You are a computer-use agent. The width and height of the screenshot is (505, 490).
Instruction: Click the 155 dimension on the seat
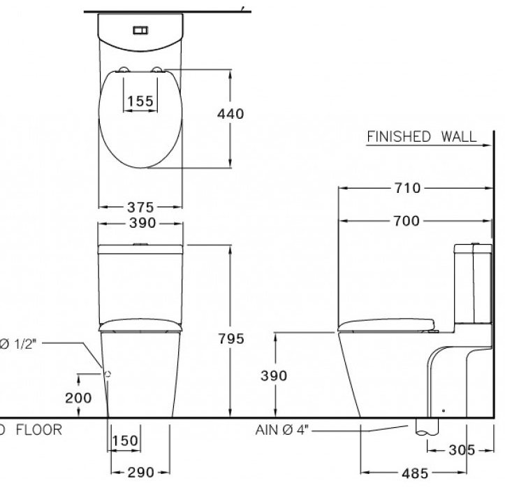tap(141, 101)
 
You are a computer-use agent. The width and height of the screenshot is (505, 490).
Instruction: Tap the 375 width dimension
tap(140, 207)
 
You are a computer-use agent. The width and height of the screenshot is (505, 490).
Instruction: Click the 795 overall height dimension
tap(230, 338)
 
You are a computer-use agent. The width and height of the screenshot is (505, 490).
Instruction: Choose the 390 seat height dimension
tap(275, 375)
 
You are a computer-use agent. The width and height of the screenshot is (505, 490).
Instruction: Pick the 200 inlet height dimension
tap(78, 398)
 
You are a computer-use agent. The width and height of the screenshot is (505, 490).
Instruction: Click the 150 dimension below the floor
tap(125, 442)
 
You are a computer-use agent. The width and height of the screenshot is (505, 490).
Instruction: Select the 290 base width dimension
tap(140, 473)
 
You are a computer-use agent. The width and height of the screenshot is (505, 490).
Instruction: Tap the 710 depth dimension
tap(407, 188)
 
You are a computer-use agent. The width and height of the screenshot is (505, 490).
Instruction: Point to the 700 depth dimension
tap(407, 221)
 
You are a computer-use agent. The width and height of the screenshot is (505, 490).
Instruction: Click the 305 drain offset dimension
tap(461, 450)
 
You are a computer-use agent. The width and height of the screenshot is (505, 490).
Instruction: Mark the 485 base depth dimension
tap(415, 473)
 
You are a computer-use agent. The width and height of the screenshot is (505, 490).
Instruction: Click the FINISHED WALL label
tap(421, 136)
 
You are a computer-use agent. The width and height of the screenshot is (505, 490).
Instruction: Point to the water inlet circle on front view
tap(108, 374)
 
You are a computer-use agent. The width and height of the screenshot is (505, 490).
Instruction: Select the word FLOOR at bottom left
tap(38, 429)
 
